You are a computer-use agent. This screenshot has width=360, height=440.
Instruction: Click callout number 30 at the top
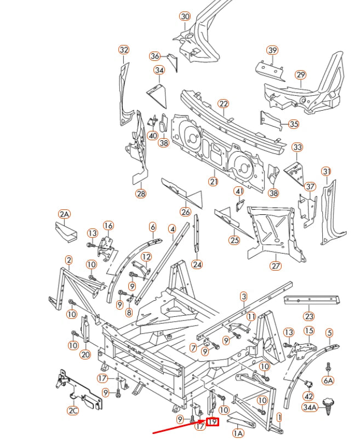point(185,16)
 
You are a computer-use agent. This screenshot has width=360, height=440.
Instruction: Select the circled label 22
point(223,104)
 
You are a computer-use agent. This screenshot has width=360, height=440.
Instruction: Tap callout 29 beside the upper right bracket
point(300,75)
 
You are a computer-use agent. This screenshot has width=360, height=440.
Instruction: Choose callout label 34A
point(310,407)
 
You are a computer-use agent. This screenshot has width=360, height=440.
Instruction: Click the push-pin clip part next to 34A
point(329,404)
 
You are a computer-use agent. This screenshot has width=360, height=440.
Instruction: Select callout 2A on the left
point(65,214)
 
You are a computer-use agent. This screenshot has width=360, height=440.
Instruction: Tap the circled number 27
point(275,266)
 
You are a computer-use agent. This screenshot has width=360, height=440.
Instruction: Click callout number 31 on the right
point(326,172)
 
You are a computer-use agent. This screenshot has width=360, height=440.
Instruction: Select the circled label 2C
point(73,410)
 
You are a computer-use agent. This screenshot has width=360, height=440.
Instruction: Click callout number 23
point(309,316)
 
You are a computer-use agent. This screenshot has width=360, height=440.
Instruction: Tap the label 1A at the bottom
point(238,433)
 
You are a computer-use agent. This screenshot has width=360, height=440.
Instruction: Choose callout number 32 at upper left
point(124,50)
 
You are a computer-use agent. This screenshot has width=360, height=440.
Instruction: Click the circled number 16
point(108,226)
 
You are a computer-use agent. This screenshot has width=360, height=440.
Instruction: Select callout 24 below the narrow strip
point(197,265)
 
